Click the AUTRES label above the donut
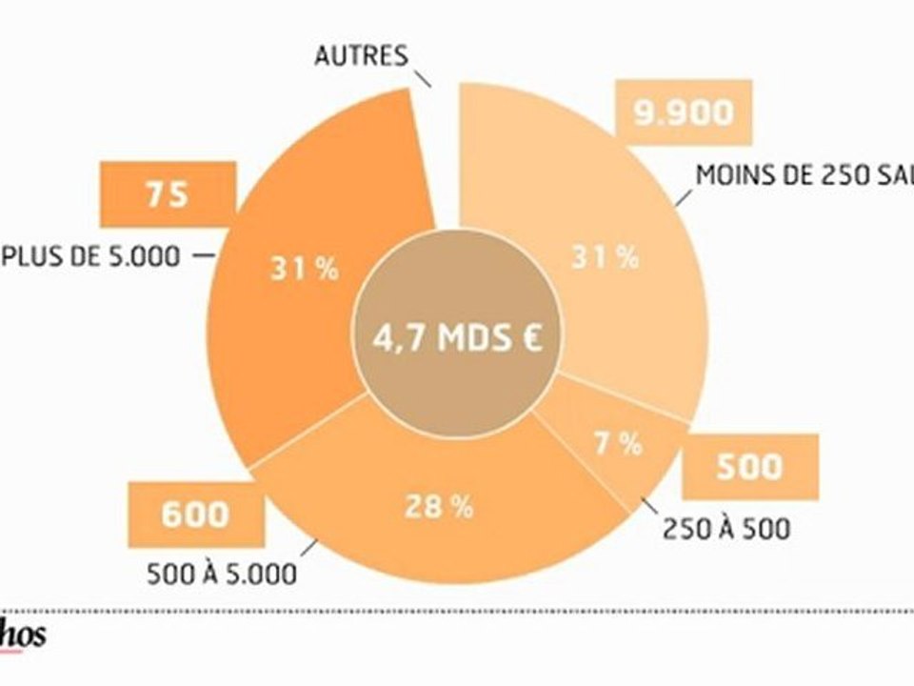coord(361,55)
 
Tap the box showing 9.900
coord(685,112)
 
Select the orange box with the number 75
coord(167,195)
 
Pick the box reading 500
coord(748,467)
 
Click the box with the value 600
coord(194,514)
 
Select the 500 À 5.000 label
coord(222,575)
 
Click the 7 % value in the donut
coord(617,444)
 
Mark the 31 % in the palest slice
coord(605,257)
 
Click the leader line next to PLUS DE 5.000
coord(203,255)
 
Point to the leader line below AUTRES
coord(420,75)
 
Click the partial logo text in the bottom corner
coord(23,637)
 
